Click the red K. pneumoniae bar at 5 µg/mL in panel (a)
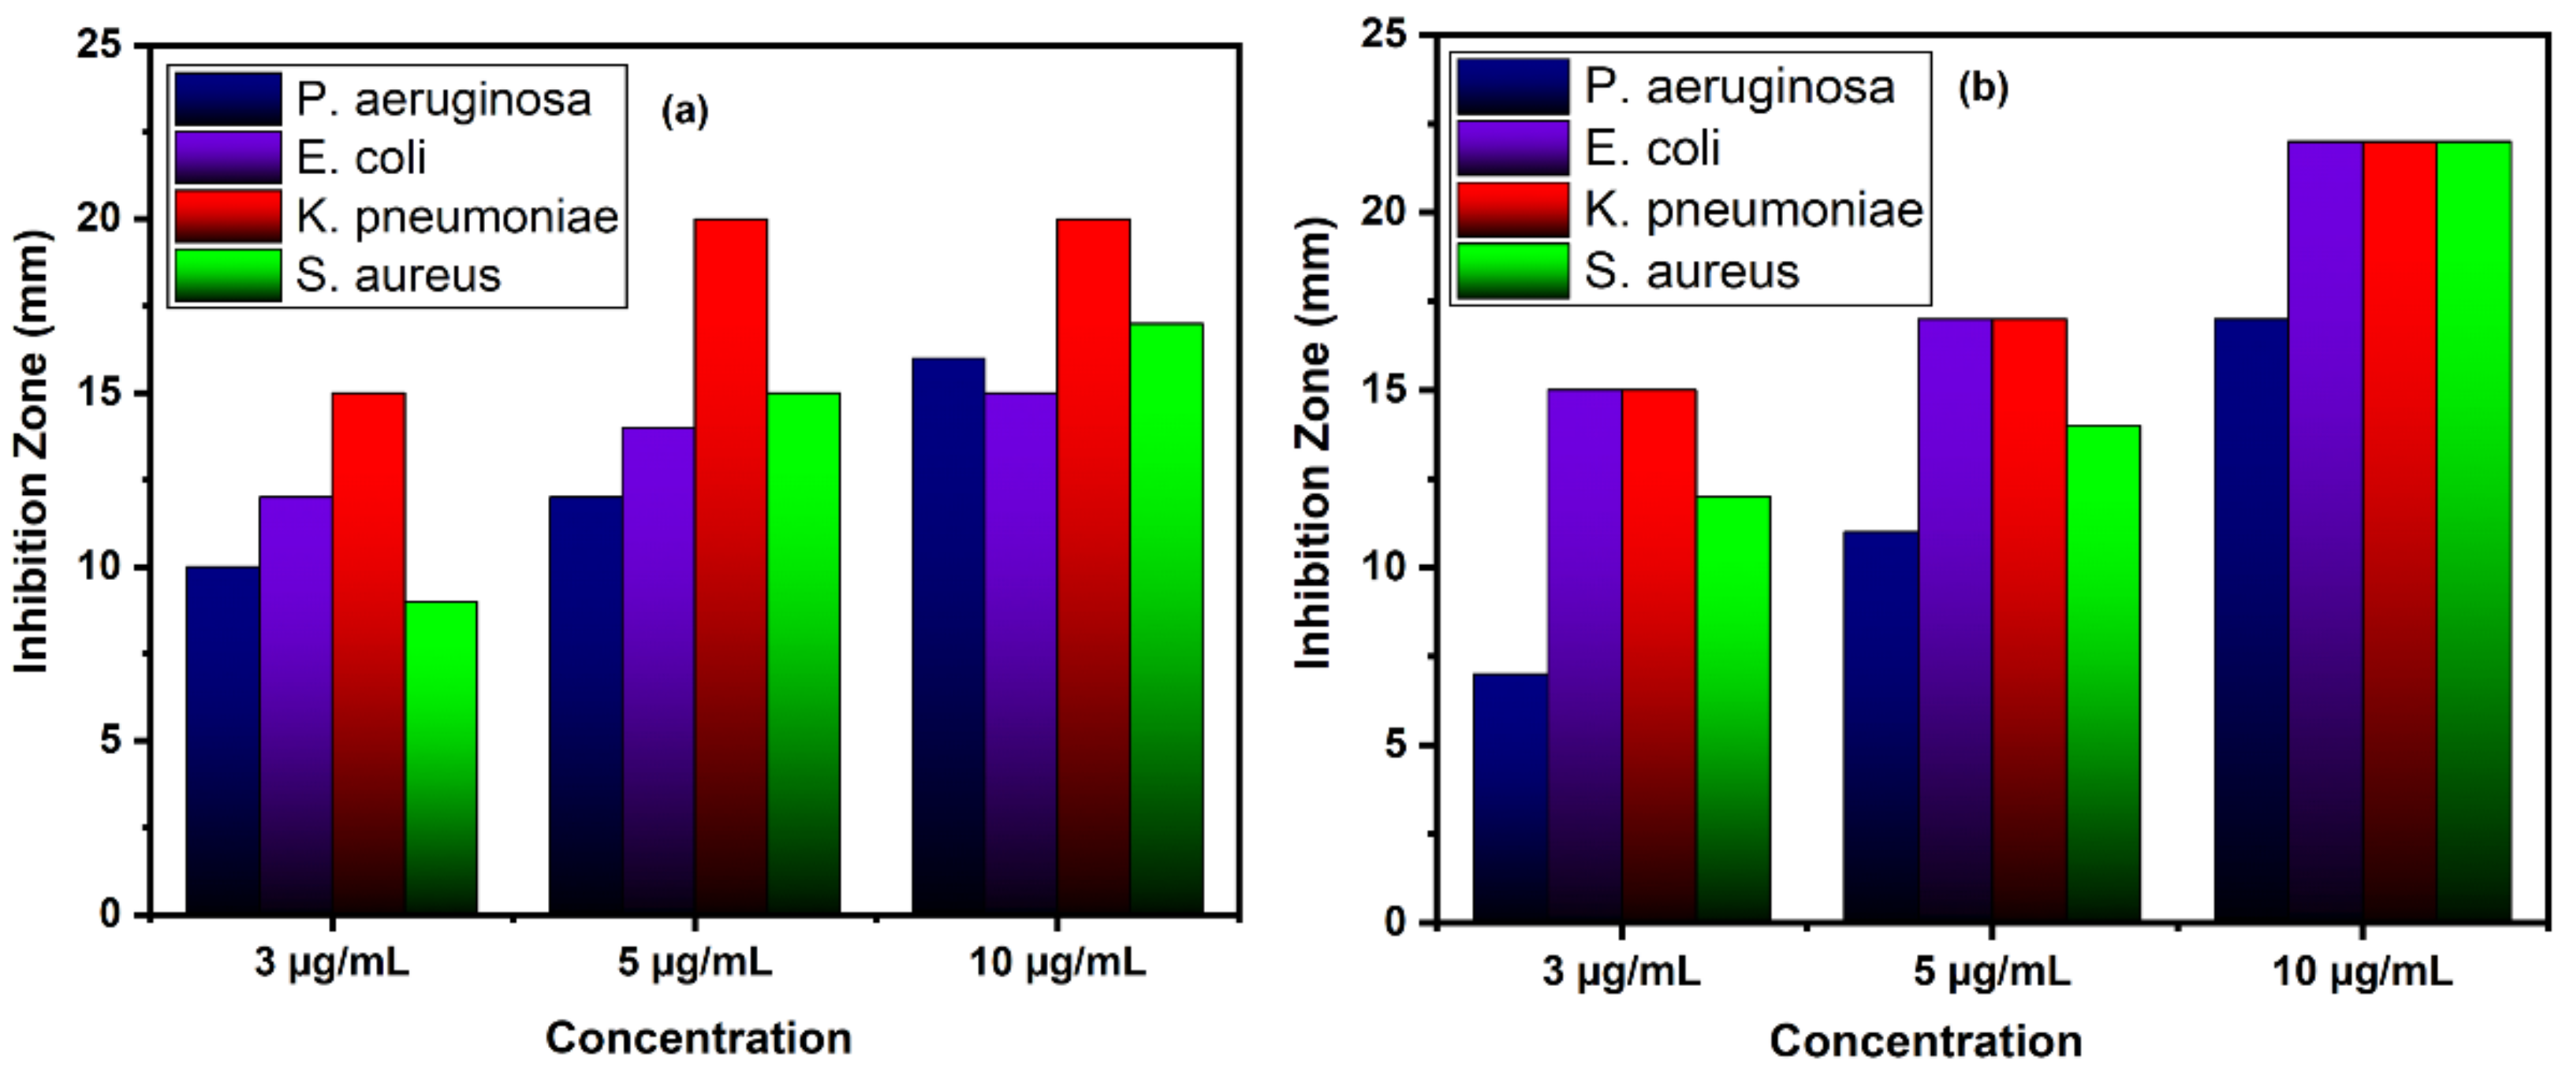pos(731,567)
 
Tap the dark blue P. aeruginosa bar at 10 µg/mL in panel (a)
pos(948,637)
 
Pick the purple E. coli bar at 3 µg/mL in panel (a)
pos(296,706)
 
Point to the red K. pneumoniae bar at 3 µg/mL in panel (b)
pos(1659,656)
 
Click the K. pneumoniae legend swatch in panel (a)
pos(228,217)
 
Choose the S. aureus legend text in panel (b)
pos(1691,271)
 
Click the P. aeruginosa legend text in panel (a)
pos(442,99)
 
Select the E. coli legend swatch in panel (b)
pos(1512,149)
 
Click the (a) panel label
pos(684,111)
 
